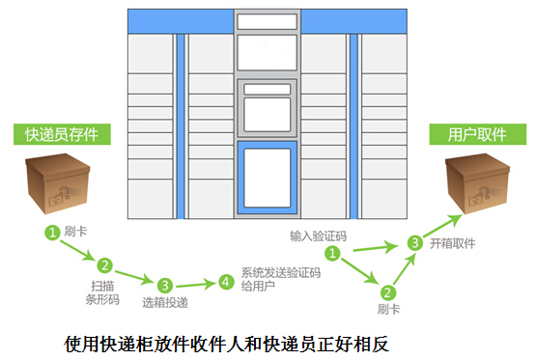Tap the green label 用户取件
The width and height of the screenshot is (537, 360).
click(477, 133)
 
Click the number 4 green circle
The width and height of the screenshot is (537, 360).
click(225, 283)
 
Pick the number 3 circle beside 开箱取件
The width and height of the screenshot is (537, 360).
click(414, 243)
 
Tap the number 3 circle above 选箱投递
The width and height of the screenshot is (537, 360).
click(165, 285)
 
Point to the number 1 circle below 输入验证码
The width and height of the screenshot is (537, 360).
click(331, 254)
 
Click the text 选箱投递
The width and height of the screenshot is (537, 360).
click(164, 304)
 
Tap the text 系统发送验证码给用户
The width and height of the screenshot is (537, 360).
click(280, 279)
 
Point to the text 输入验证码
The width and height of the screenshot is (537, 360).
click(318, 235)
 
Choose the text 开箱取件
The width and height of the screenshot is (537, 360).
click(452, 244)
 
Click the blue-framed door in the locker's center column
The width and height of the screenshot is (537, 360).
click(267, 178)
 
